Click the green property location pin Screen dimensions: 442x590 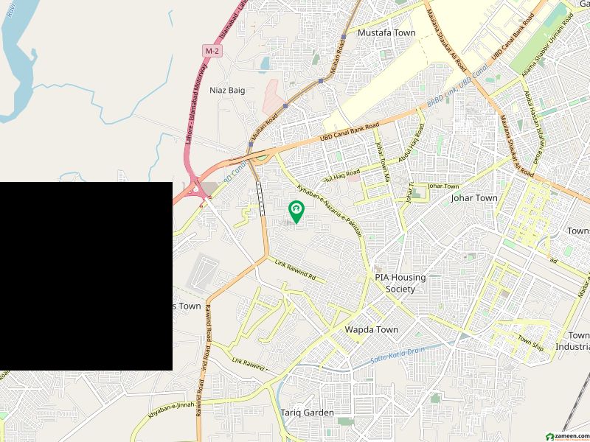pos(296,211)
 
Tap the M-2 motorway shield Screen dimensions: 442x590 pos(212,51)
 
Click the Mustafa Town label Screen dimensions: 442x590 pos(386,33)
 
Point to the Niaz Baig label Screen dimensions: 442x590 pos(226,91)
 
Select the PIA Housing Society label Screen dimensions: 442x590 pos(400,283)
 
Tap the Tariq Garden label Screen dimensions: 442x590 pos(307,413)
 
